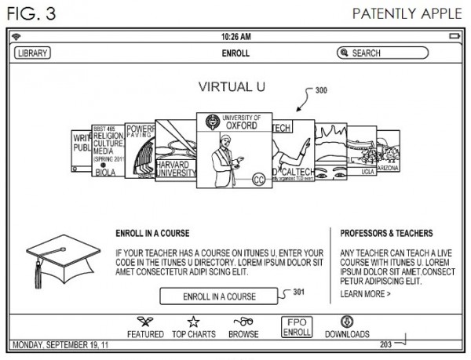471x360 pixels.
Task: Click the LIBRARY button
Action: tap(32, 53)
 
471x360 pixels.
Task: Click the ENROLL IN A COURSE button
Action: tap(218, 296)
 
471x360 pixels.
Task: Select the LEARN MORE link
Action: tap(365, 294)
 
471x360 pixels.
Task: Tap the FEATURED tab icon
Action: tap(145, 322)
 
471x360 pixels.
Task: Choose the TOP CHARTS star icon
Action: tap(194, 322)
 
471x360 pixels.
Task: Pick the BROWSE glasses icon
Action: tap(243, 321)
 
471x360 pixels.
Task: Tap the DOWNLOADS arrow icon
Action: tap(347, 322)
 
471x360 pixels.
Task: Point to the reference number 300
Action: tap(322, 90)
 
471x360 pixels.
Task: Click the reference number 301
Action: tap(299, 292)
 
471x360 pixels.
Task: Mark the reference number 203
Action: tap(385, 344)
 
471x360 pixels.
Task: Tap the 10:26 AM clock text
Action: tap(235, 37)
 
